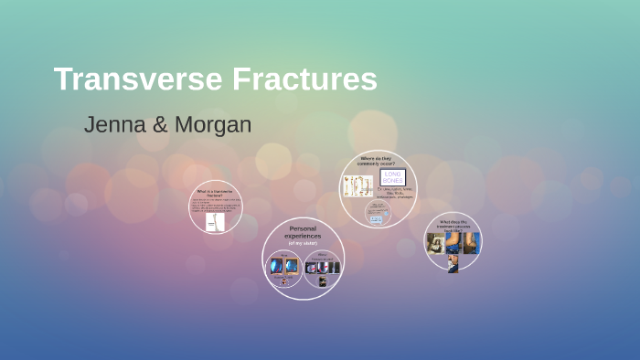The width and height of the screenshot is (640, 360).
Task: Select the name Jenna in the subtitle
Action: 112,125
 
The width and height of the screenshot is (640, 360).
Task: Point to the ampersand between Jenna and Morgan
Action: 160,125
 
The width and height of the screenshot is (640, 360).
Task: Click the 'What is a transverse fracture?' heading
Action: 216,193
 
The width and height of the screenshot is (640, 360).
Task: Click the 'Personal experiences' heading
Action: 303,232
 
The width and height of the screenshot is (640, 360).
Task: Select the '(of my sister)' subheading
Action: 303,243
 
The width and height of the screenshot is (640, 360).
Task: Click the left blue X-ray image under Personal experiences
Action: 276,267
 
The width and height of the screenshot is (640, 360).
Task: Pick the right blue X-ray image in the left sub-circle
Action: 292,267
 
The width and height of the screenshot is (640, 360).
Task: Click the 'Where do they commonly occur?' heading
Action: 378,161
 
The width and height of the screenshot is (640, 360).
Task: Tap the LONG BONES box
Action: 392,177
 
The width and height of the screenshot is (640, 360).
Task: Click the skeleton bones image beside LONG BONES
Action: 357,186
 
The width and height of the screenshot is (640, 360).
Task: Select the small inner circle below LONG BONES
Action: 377,212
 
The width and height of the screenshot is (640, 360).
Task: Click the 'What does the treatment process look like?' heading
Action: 453,224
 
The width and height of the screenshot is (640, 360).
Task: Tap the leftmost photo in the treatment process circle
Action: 436,242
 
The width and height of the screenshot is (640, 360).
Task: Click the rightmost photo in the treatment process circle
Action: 470,242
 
